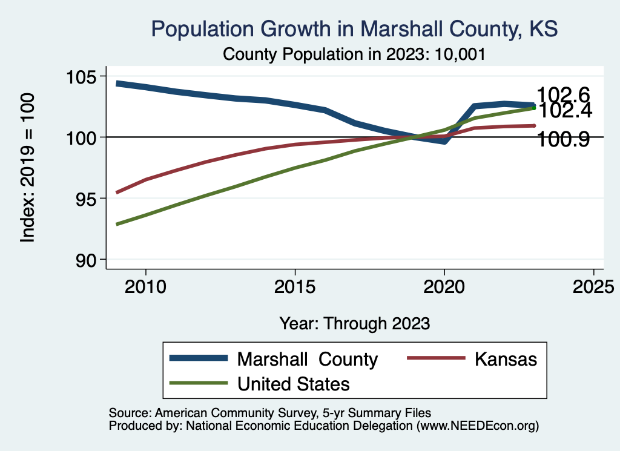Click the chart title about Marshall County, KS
point(354,29)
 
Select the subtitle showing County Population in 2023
point(354,54)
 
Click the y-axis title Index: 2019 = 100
point(27,168)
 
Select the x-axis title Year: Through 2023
point(354,323)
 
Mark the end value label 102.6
point(563,95)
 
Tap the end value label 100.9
point(563,140)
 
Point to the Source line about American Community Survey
point(269,413)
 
